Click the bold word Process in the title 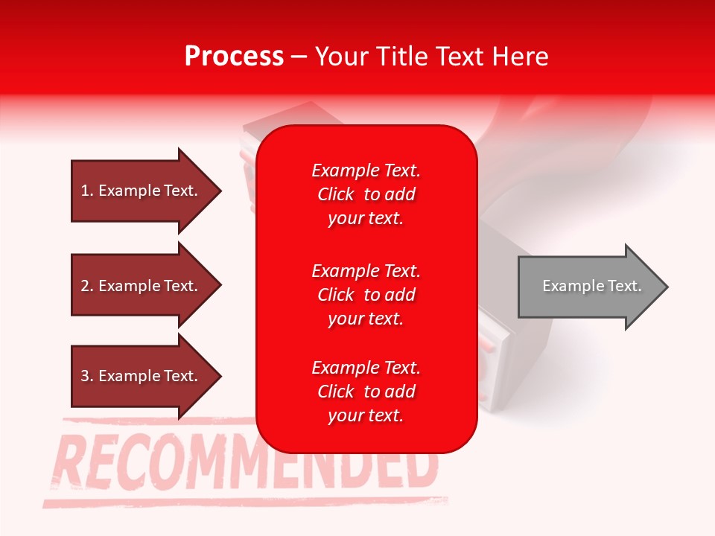[234, 57]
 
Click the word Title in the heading [401, 57]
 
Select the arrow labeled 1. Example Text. [139, 191]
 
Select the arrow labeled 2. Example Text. [139, 286]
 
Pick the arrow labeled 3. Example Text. [139, 376]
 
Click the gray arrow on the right [588, 287]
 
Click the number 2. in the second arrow [87, 286]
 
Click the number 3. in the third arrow [87, 376]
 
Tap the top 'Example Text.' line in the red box [366, 170]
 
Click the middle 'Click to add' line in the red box [366, 295]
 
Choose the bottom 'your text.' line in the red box [366, 415]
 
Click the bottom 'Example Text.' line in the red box [366, 368]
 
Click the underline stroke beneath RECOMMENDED [246, 500]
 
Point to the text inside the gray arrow [591, 286]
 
